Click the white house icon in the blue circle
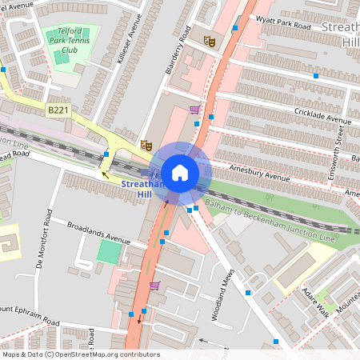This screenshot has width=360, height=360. click(x=180, y=172)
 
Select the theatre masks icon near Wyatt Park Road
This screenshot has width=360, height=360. click(x=210, y=41)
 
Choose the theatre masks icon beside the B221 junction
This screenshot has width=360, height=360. click(x=146, y=145)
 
